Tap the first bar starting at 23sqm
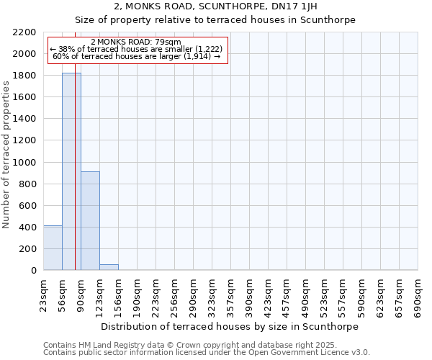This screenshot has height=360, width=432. pos(53,248)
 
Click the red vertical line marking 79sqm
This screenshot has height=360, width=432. pos(75,180)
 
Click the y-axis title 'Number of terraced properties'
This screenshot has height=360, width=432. pos(6,155)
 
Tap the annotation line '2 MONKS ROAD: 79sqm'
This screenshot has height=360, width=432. pos(136,42)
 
